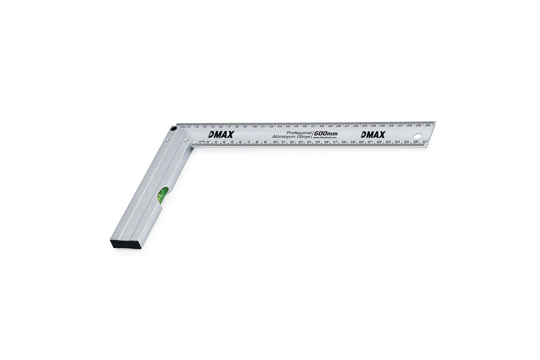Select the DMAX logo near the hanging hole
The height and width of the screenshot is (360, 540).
373,135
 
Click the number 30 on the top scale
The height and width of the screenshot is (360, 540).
427,126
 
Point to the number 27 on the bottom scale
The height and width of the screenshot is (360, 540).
425,142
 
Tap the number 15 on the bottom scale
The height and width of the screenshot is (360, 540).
318,143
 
